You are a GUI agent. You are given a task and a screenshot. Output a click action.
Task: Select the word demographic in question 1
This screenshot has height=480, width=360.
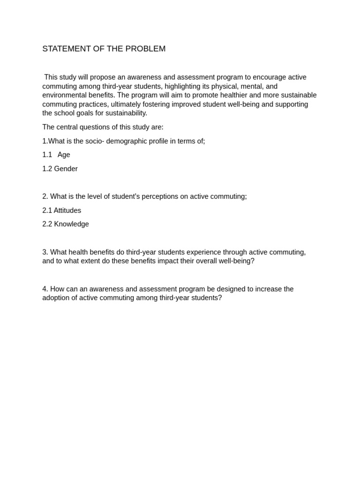click(125, 141)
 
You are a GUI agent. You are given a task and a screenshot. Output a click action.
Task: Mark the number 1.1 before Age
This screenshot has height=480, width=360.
click(47, 155)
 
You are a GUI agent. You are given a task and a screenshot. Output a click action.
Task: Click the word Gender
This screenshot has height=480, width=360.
click(66, 169)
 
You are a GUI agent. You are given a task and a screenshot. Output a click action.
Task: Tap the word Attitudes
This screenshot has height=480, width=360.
click(67, 210)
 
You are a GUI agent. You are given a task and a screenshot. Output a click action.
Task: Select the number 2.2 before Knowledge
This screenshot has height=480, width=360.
click(47, 224)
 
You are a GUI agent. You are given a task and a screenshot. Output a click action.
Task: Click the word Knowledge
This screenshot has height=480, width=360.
click(71, 224)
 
